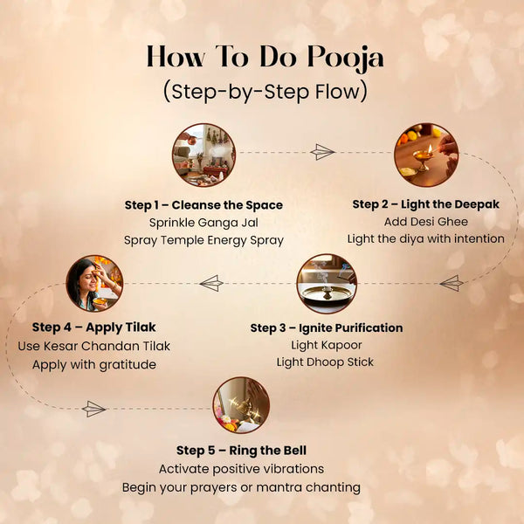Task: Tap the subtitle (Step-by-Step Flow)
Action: point(265,92)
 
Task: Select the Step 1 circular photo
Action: point(203,155)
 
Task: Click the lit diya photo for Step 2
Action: point(426,155)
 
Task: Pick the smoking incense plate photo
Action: point(327,284)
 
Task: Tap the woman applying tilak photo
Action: point(94,283)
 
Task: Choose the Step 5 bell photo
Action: point(241,405)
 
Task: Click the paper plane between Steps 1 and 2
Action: point(322,152)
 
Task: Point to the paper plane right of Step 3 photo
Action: point(452,283)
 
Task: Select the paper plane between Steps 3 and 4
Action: point(211,283)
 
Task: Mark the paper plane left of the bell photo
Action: point(93,409)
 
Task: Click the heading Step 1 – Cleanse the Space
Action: point(203,205)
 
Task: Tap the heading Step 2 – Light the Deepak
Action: point(426,204)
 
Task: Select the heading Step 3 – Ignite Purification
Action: point(327,328)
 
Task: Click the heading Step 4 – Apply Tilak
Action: point(94,327)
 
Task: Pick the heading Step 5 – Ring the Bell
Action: point(241,451)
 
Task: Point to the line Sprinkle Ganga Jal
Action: point(203,223)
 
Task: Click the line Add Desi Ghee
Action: point(426,222)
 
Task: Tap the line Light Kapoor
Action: point(327,345)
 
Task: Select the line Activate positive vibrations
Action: point(241,469)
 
